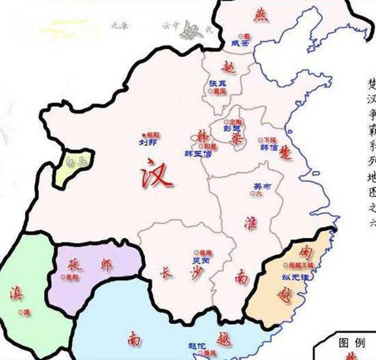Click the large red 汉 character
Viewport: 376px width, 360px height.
coord(156,172)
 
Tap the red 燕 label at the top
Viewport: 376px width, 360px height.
coord(260,14)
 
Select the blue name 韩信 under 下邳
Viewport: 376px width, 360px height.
coord(270,148)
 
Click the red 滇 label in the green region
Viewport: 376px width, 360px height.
coord(17,292)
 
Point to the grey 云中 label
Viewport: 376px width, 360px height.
coord(170,26)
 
